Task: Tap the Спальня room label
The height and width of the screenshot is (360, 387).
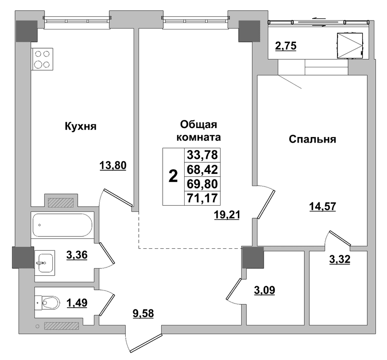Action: tap(313, 139)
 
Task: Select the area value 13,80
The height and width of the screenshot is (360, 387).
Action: tap(113, 166)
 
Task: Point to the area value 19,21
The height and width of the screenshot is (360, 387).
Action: tap(227, 215)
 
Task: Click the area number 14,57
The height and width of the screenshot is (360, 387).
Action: tap(322, 207)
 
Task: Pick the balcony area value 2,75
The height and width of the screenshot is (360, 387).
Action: tap(286, 46)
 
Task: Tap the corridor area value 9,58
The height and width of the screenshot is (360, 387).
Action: tap(143, 314)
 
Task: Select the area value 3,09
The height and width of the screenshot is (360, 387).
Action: tap(265, 290)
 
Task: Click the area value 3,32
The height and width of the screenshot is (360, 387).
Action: tap(340, 259)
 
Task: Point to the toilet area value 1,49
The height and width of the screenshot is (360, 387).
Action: tap(77, 302)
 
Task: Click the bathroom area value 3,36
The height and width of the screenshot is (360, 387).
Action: tap(77, 255)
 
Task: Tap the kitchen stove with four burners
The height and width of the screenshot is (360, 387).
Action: tap(42, 59)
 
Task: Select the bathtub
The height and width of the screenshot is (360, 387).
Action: tap(63, 225)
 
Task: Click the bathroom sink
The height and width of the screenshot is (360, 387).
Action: tap(45, 263)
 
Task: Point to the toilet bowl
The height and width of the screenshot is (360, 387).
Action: tap(51, 302)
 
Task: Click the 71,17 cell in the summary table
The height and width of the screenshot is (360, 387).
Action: tap(202, 198)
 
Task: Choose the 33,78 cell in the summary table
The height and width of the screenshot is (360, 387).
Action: tap(202, 155)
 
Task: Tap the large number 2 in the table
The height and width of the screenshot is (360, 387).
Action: tap(173, 177)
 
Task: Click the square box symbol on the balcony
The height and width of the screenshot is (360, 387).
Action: tap(350, 46)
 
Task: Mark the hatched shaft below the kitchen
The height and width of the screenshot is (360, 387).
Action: tap(61, 203)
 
